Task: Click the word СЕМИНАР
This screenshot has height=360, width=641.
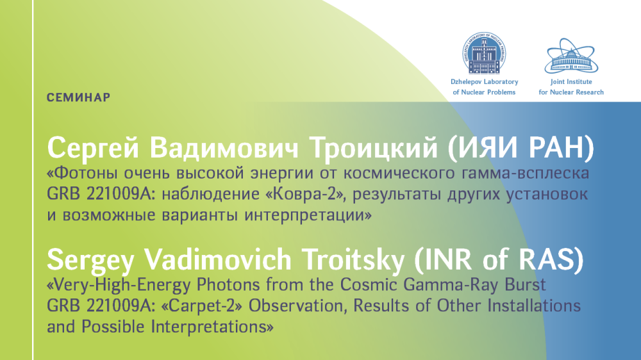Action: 78,97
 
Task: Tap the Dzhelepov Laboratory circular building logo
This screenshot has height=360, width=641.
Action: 485,54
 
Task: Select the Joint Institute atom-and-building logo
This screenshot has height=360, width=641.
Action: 571,56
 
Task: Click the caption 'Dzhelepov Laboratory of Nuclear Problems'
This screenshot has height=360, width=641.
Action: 485,87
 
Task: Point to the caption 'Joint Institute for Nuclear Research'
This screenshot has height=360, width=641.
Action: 571,87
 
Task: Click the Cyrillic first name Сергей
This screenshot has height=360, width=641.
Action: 93,149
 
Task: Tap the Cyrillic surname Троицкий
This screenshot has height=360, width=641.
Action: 373,148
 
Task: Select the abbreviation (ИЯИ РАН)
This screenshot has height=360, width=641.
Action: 521,147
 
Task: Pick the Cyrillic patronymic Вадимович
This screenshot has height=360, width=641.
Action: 224,147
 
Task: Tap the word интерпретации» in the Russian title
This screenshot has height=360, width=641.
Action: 308,215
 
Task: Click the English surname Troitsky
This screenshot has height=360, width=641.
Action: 353,260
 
